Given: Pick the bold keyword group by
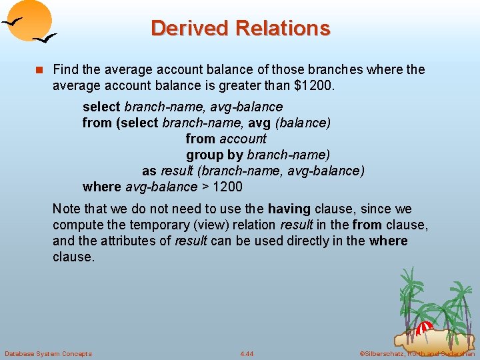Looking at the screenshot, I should click(215, 155).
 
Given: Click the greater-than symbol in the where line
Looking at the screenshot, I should click(205, 187).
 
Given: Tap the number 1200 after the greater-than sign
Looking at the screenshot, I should click(227, 187).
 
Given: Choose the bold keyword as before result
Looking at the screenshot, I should click(149, 171).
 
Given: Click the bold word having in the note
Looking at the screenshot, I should click(289, 209).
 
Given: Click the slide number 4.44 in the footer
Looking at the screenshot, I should click(247, 353).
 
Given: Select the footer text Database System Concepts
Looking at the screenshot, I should click(48, 353).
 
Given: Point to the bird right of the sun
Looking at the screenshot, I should click(45, 39).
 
